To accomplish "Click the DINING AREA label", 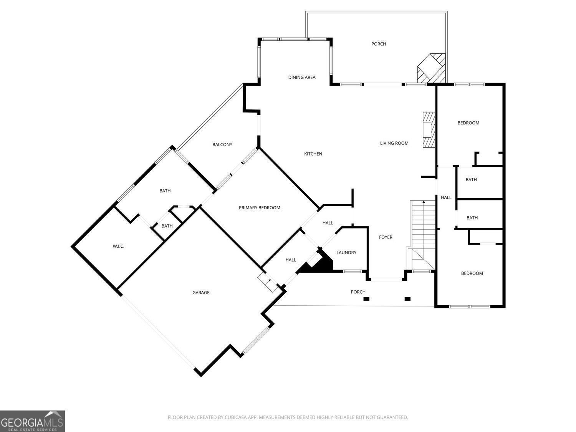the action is (302, 78).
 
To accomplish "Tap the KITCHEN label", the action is (313, 154).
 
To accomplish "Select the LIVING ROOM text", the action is (394, 143).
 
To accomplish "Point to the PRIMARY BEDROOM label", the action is (259, 208).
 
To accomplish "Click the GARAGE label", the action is (201, 293).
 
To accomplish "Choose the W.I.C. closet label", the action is (118, 246).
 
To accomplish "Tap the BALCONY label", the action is (222, 144).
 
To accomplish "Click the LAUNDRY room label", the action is (346, 253).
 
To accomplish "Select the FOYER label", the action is (386, 237).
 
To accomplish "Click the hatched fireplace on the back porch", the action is (431, 68).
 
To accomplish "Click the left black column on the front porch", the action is (366, 299).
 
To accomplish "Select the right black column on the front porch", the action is (407, 299).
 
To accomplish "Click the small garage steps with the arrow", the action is (267, 282).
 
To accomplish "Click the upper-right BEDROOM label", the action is (468, 123).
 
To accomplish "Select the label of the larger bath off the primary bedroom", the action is (165, 191).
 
